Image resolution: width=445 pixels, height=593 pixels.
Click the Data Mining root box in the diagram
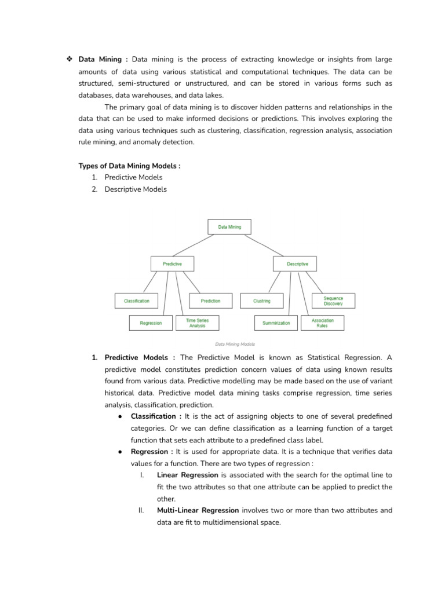(x=229, y=227)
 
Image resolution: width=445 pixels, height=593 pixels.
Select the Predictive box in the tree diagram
(x=172, y=264)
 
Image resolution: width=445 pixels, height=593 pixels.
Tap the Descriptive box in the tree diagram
(x=297, y=264)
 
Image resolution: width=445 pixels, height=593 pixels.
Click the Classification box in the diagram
(x=137, y=301)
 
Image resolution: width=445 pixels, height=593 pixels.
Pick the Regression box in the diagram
(x=151, y=323)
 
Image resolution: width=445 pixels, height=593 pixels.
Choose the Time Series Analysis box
(x=198, y=323)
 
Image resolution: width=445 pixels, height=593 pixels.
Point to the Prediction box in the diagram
(x=210, y=301)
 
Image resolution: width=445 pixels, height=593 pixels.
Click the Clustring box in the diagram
(x=262, y=301)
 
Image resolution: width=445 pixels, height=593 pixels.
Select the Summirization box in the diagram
(x=276, y=323)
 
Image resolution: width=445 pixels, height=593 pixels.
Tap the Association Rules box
(x=322, y=323)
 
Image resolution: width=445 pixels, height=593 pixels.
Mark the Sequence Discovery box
(x=333, y=301)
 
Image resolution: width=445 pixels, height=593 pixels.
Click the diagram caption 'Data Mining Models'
(x=235, y=344)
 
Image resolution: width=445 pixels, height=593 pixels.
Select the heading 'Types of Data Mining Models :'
(x=129, y=166)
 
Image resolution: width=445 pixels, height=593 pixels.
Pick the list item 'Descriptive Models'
(x=136, y=189)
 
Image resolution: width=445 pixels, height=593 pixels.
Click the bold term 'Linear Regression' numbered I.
(x=187, y=475)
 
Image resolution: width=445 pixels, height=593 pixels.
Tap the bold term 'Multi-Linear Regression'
(x=198, y=510)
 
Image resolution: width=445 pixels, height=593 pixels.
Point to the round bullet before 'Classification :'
(x=119, y=416)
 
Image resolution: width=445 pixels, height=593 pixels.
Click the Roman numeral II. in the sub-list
(x=141, y=510)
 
